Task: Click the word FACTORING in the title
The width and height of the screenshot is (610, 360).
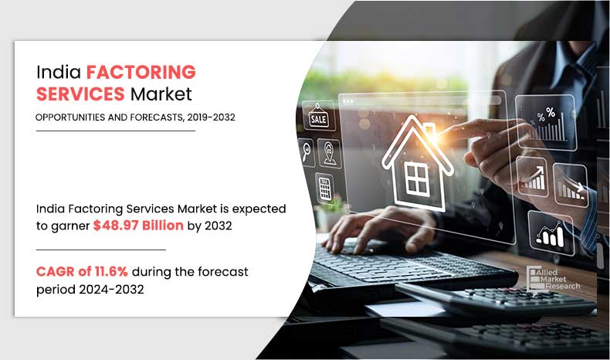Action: [x=141, y=72]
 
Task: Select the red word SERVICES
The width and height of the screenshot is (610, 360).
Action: [x=80, y=93]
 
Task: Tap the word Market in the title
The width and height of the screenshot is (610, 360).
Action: [x=161, y=93]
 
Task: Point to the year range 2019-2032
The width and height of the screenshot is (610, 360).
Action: [x=212, y=117]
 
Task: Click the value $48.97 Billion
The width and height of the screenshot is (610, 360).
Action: [x=138, y=226]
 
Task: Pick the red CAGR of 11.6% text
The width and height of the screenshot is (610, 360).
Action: [x=82, y=271]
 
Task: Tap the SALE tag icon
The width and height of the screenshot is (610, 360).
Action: [x=318, y=117]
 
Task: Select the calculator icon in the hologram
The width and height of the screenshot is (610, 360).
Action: [x=325, y=188]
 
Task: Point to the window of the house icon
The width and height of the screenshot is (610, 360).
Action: [x=417, y=178]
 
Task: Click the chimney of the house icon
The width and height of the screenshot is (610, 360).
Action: [x=429, y=131]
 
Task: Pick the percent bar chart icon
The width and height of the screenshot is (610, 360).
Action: [x=546, y=123]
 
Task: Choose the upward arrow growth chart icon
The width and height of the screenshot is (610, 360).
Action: [x=533, y=177]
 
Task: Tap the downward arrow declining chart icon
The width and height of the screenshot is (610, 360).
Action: [x=571, y=185]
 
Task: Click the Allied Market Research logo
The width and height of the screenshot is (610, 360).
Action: [x=553, y=278]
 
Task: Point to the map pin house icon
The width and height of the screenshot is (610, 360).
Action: [x=329, y=153]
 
